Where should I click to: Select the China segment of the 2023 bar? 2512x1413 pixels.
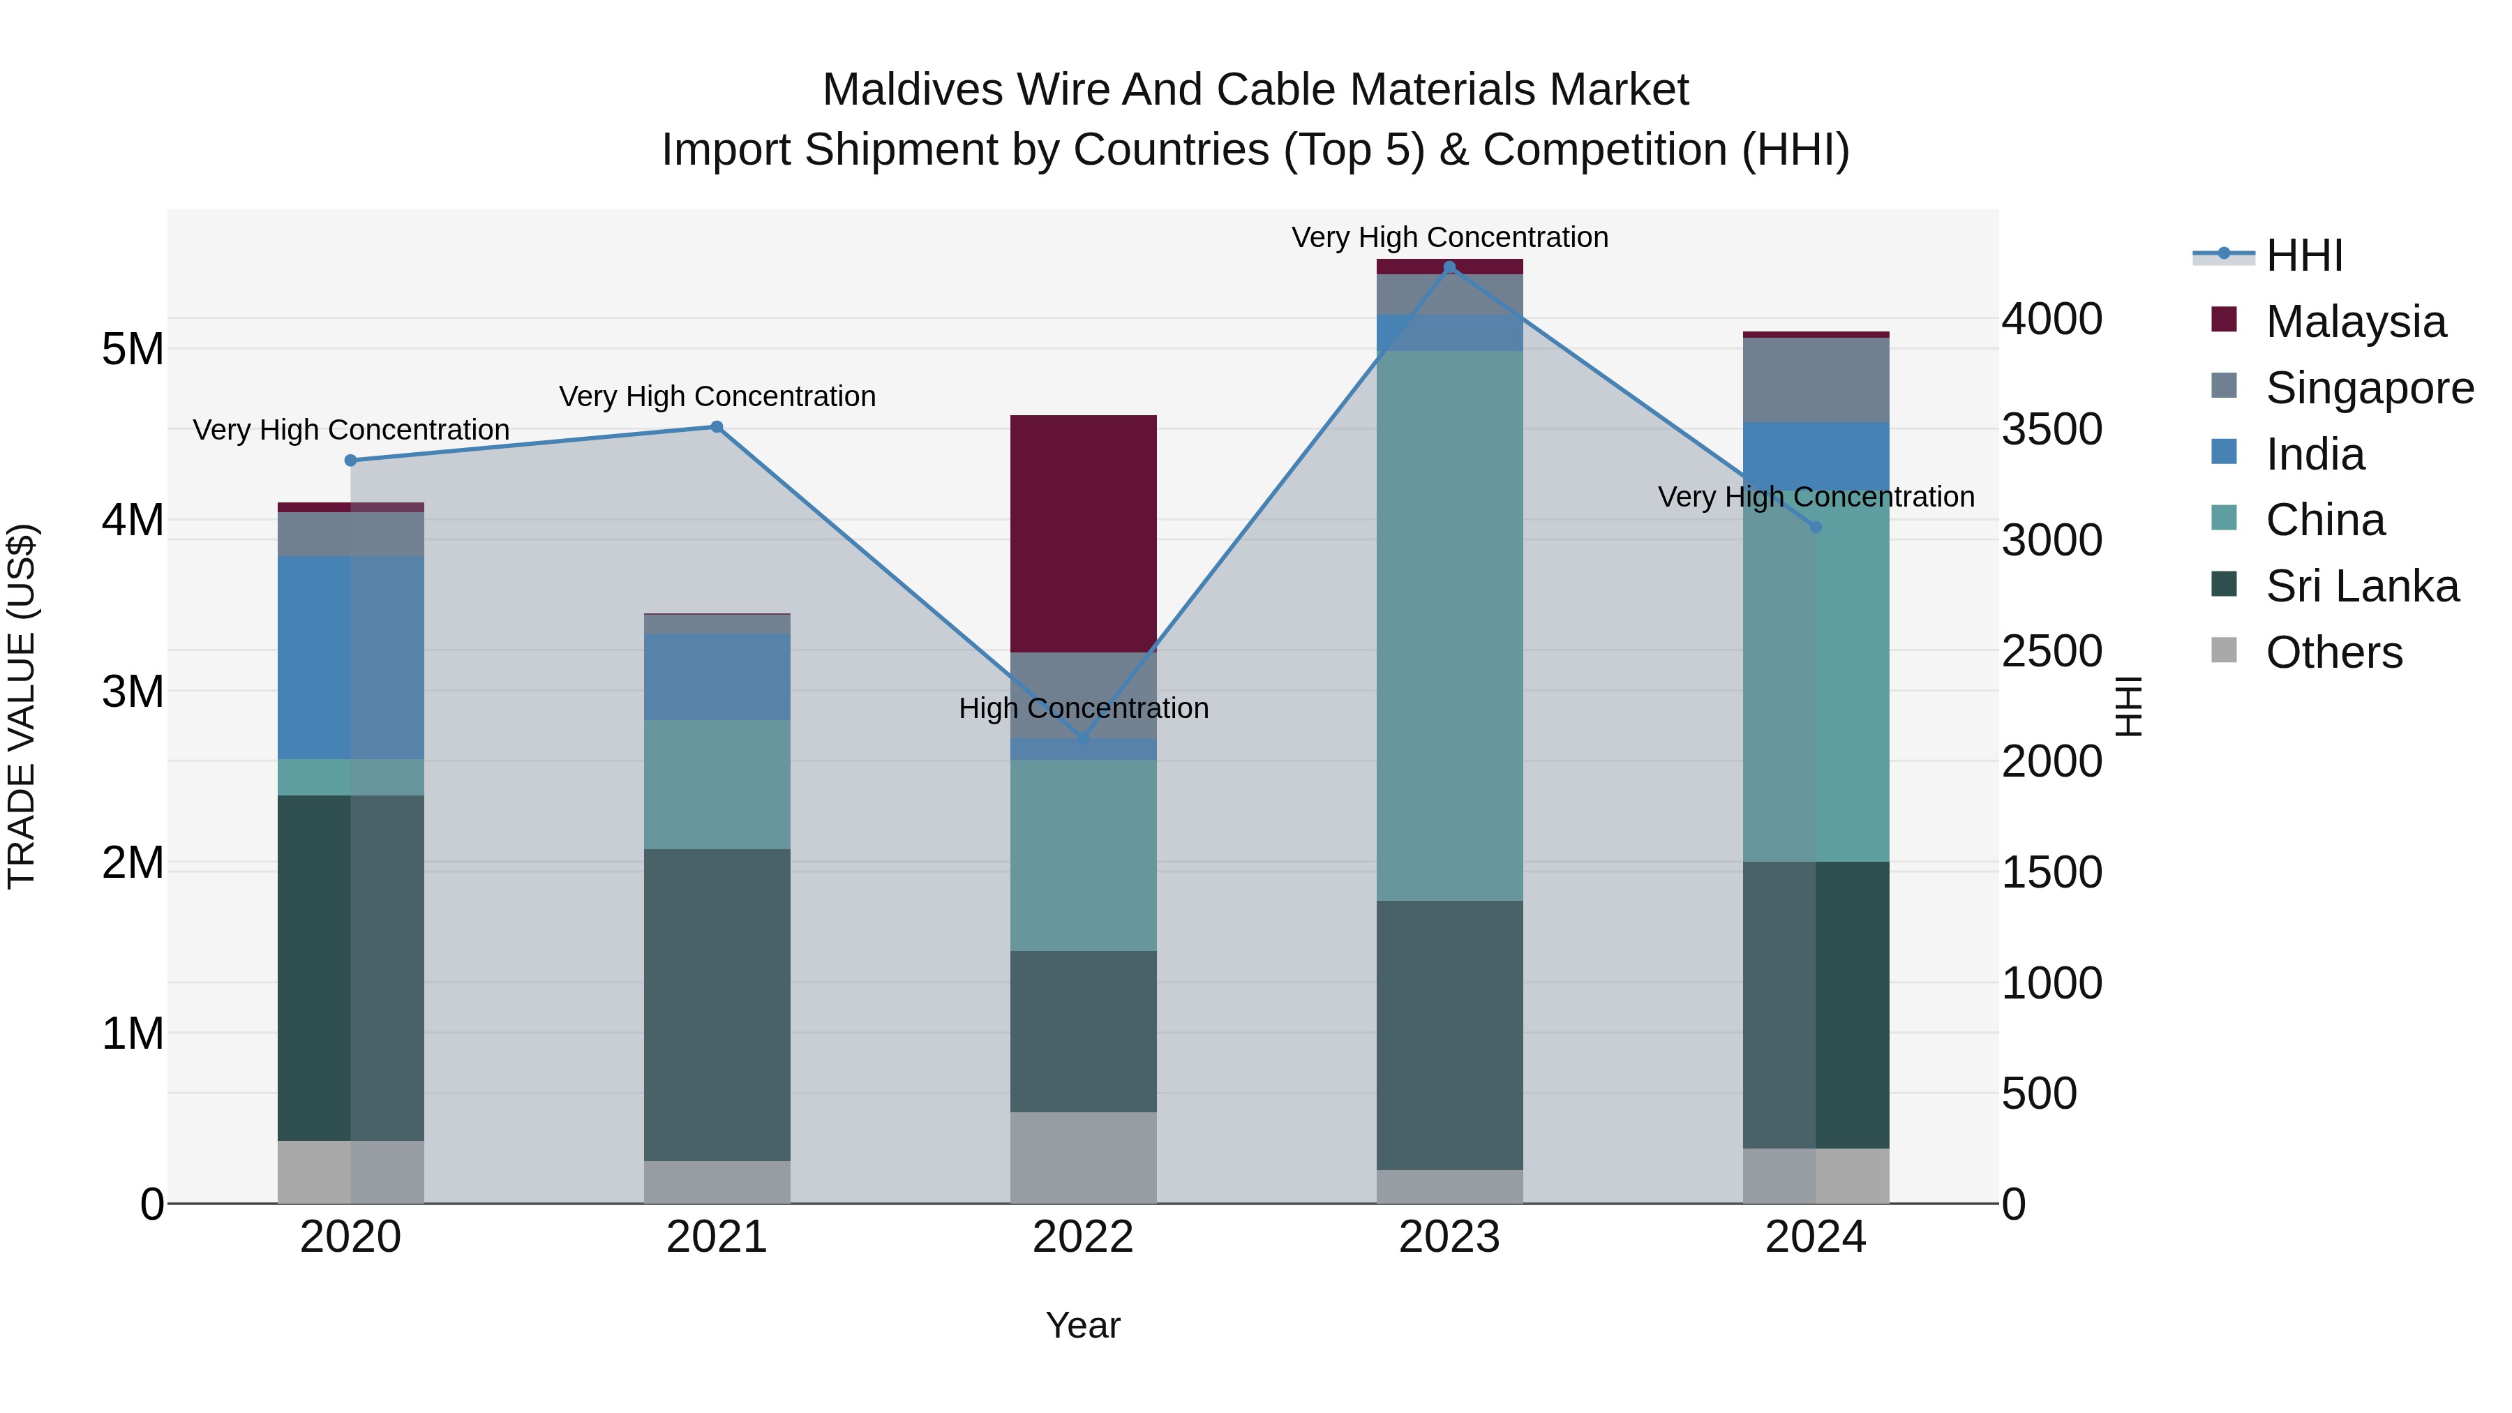click(1449, 624)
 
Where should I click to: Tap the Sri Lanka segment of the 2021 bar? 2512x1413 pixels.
click(717, 1003)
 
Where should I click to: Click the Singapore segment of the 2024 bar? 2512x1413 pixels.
click(1816, 380)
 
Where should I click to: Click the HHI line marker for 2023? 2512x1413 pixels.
click(1449, 267)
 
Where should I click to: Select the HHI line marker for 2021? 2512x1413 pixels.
click(717, 426)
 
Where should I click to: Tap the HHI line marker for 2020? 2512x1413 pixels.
click(351, 461)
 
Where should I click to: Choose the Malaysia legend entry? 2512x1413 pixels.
click(2355, 322)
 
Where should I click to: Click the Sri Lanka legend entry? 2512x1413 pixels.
click(2361, 586)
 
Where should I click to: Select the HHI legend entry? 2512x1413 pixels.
click(2303, 255)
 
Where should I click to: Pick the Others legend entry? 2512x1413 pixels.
click(2333, 652)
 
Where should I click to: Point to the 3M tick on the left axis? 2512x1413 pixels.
click(133, 691)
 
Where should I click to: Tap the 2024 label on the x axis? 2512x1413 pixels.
click(1815, 1237)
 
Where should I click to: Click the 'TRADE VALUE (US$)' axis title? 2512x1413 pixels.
click(22, 706)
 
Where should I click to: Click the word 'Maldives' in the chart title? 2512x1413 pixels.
click(913, 90)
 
